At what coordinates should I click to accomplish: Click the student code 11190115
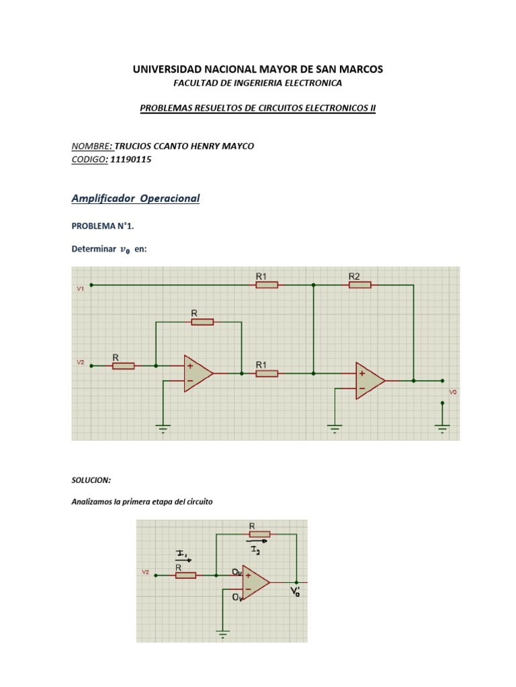130,160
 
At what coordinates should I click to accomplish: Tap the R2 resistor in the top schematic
359,284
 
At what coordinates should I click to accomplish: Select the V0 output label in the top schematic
453,392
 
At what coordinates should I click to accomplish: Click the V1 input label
80,289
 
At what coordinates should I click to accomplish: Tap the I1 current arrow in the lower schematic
181,554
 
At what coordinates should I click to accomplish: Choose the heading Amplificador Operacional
136,199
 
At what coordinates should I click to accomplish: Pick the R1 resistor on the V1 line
267,284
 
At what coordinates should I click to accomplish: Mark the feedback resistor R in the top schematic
202,322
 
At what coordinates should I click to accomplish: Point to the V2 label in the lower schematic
145,572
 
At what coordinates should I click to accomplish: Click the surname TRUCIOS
134,146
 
